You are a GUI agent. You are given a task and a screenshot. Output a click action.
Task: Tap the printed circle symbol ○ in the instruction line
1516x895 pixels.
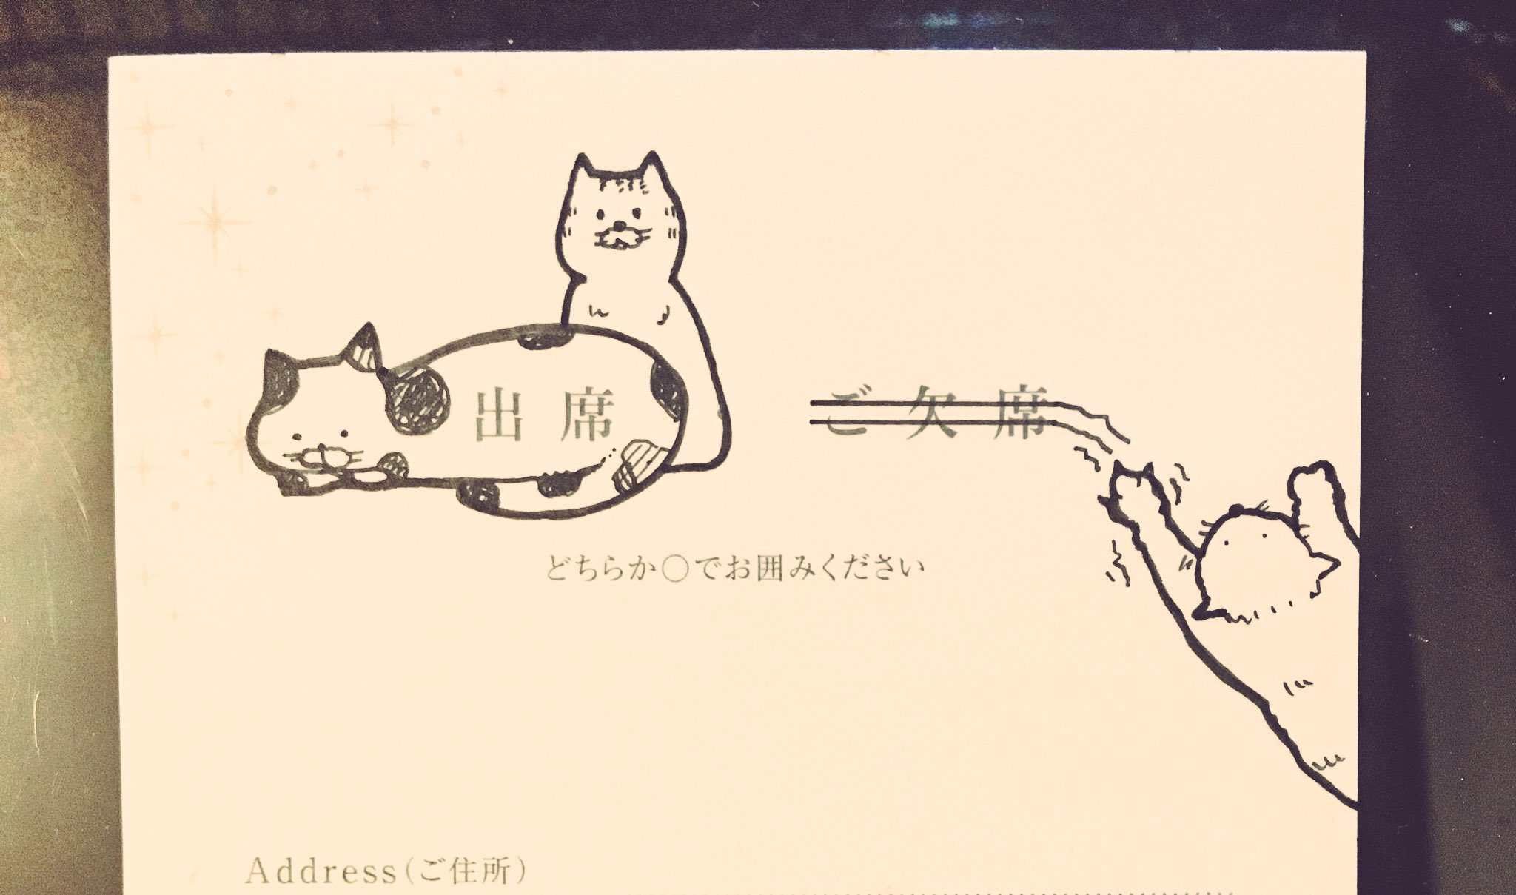[x=672, y=569]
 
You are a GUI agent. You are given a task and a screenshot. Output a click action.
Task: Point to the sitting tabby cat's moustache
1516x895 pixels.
[x=618, y=238]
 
